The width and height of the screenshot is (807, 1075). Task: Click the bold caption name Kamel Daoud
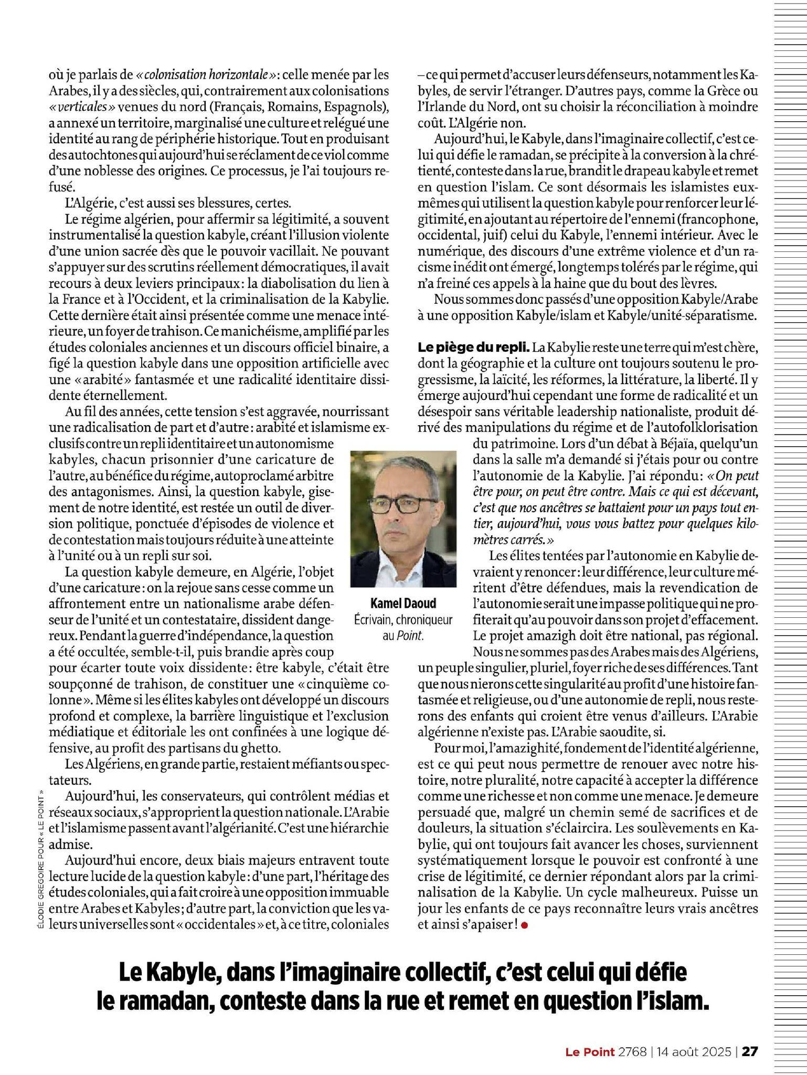(x=402, y=603)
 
